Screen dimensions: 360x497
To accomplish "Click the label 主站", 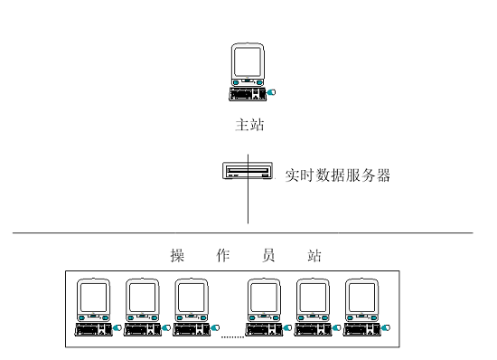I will pyautogui.click(x=249, y=127).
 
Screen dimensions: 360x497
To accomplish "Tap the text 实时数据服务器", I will pyautogui.click(x=336, y=175).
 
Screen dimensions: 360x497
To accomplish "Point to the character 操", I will pyautogui.click(x=177, y=255).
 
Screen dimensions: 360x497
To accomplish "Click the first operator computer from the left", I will pyautogui.click(x=94, y=308).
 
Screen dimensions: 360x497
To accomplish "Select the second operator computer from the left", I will pyautogui.click(x=143, y=308).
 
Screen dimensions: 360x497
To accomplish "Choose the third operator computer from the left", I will pyautogui.click(x=192, y=308).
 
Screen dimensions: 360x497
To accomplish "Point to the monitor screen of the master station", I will pyautogui.click(x=248, y=62).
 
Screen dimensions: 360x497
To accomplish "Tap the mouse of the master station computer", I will pyautogui.click(x=274, y=93).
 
